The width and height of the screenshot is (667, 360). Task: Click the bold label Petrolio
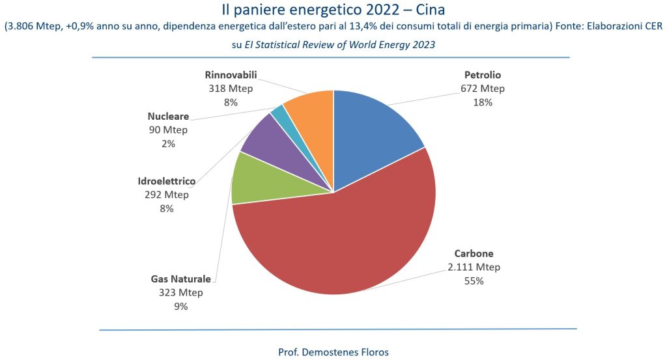482,75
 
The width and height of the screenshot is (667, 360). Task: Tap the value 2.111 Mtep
474,267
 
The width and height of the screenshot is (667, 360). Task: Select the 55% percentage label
474,281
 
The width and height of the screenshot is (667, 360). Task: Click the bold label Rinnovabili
230,75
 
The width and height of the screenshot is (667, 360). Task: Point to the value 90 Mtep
168,130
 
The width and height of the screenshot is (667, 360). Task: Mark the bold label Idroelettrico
167,181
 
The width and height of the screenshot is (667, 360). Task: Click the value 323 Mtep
181,292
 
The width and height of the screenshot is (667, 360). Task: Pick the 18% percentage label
482,102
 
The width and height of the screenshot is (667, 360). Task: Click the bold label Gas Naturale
181,279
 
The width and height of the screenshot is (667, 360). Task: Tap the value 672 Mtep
482,89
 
